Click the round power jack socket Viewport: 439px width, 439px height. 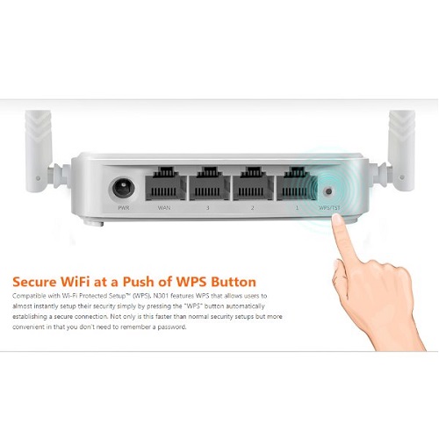pos(123,188)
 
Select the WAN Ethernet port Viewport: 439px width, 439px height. pos(165,184)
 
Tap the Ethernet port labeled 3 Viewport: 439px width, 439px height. pos(208,184)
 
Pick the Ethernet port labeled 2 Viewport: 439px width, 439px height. pos(252,184)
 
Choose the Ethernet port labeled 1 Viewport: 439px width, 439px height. pos(296,184)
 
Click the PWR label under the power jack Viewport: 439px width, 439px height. pos(124,208)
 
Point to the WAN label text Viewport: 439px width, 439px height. pos(164,208)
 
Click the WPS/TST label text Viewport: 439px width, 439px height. pos(329,208)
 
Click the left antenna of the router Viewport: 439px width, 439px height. pos(39,151)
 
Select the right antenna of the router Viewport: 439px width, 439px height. pos(401,151)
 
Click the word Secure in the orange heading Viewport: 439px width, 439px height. pos(34,282)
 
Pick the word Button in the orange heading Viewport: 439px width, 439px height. pos(234,282)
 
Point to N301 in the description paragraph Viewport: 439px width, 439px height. pos(161,296)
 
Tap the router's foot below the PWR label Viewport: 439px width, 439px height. pos(94,223)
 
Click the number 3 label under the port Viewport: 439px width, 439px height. pos(208,208)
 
